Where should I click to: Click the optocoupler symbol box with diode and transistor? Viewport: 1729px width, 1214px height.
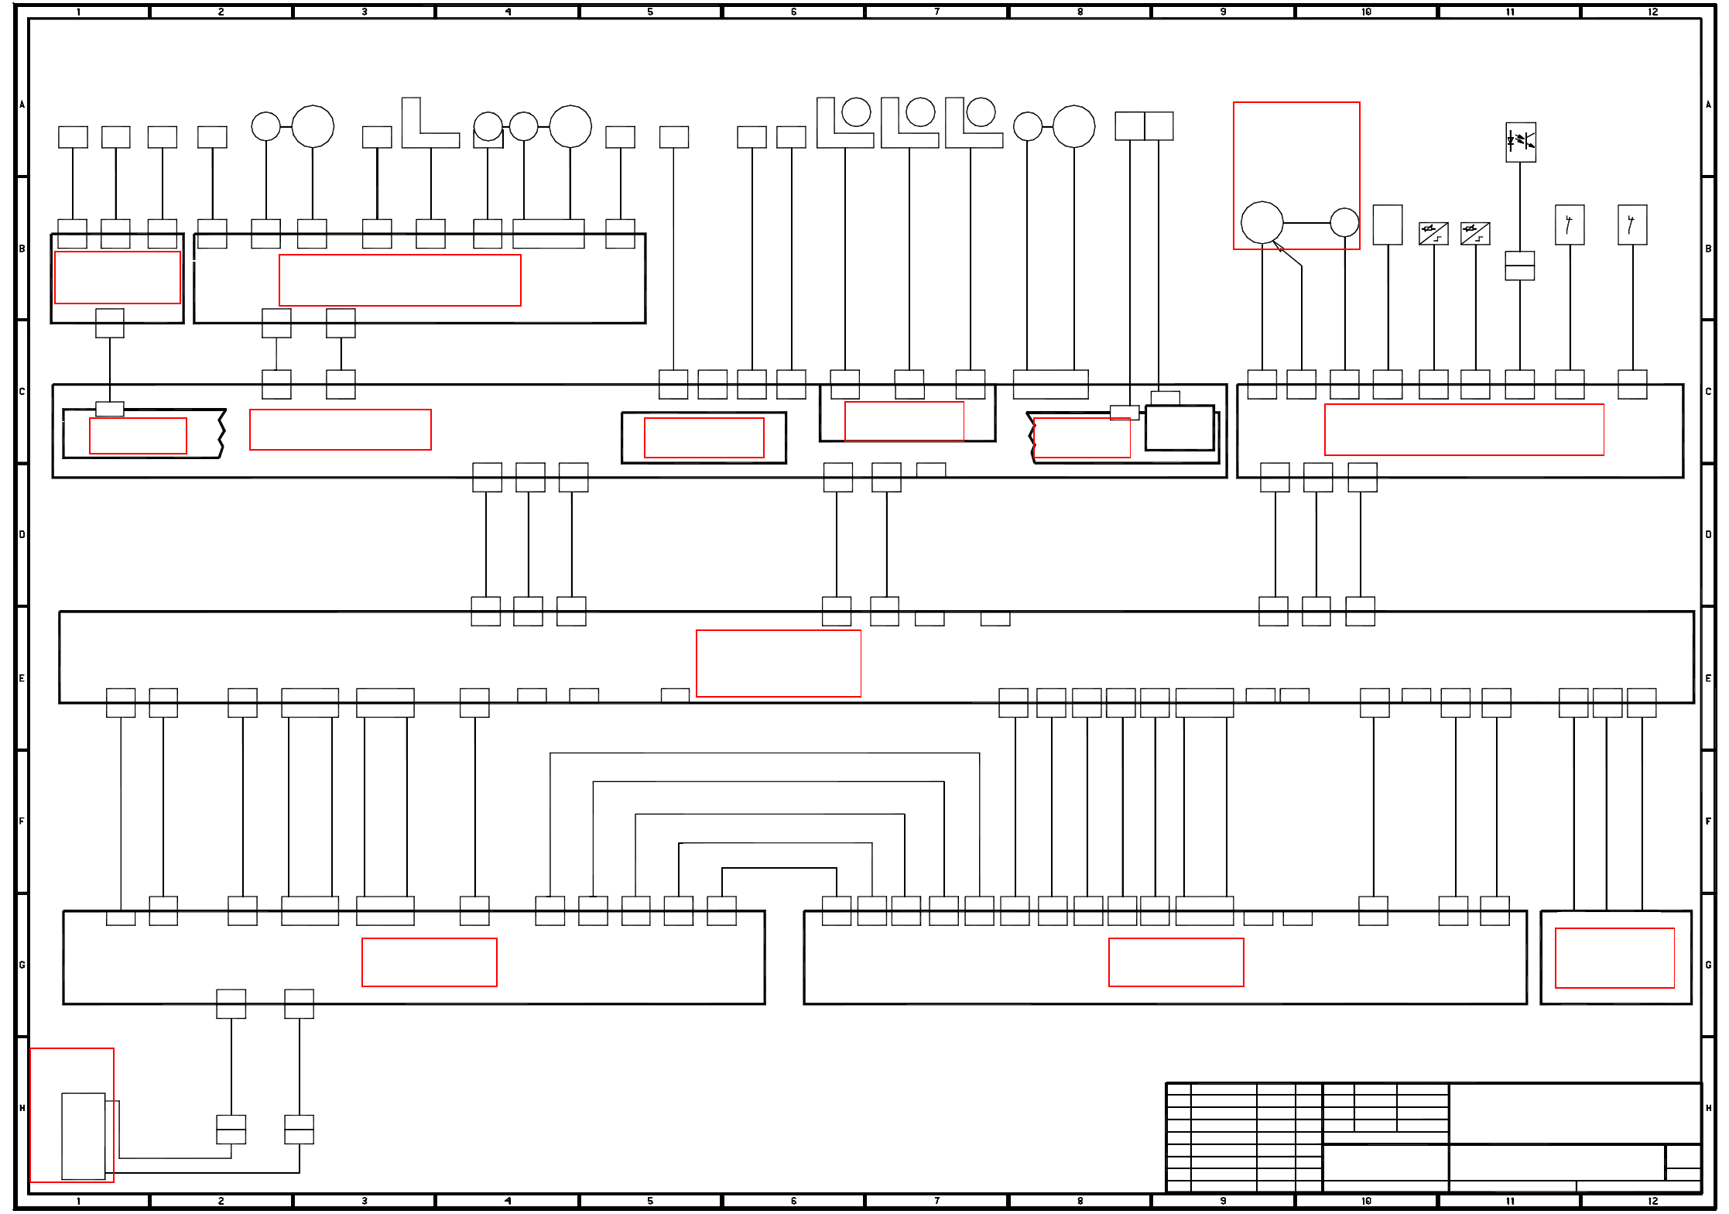1520,142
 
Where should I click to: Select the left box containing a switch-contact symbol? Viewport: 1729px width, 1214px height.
1569,225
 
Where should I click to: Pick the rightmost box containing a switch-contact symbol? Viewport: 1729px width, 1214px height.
1631,225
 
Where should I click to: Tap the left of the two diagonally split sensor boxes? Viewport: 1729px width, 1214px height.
1433,233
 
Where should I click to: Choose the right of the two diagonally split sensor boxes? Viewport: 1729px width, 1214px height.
1474,233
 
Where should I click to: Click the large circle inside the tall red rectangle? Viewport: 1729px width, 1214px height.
1262,222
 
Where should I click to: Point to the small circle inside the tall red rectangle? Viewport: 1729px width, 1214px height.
1344,222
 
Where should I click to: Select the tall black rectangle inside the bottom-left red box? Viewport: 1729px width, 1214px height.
83,1136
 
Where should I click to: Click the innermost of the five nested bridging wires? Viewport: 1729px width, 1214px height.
779,869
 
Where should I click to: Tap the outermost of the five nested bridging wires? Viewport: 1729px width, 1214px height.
765,753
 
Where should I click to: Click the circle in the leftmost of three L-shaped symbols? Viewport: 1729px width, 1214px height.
855,112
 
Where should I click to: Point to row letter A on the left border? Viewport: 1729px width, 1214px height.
22,105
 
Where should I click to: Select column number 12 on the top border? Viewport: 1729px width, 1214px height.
1652,12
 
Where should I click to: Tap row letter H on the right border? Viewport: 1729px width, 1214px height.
1708,1108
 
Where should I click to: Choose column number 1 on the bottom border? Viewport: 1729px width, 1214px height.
78,1201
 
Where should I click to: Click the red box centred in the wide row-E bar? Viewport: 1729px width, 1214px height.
778,663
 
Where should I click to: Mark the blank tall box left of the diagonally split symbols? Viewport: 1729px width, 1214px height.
1387,225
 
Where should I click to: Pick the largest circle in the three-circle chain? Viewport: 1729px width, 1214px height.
570,126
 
